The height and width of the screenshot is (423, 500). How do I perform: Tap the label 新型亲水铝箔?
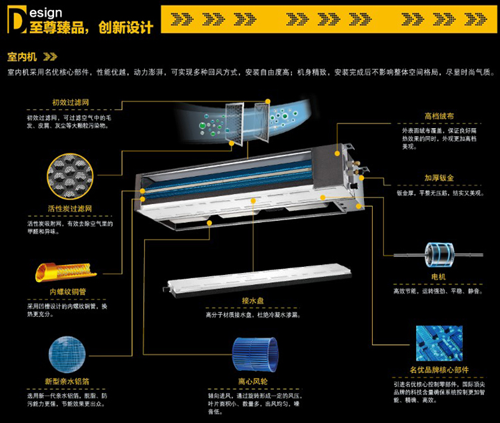67,381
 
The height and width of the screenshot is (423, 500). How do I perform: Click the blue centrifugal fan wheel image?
253,358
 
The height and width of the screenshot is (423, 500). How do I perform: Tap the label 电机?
438,276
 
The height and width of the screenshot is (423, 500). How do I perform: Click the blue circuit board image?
439,344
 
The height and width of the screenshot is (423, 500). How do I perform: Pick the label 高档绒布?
439,116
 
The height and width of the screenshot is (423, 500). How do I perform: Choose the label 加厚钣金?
439,178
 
